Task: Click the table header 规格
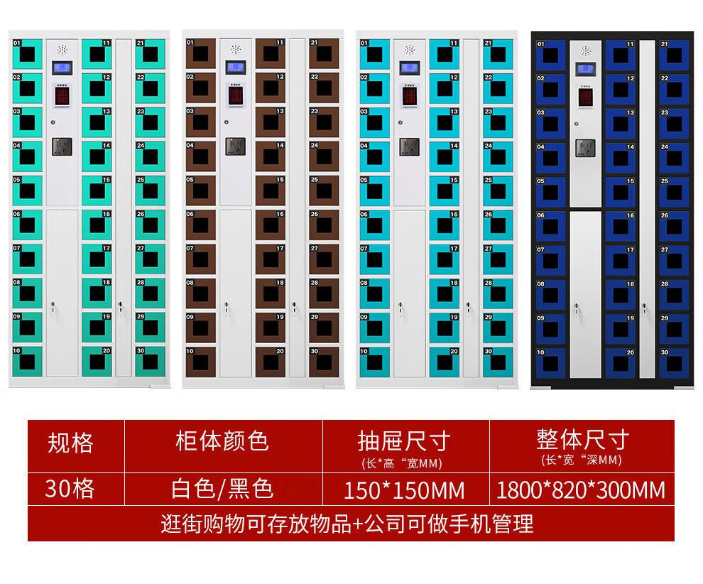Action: pos(70,443)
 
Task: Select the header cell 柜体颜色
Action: pos(222,441)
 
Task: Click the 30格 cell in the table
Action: pos(70,489)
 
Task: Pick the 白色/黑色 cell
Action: pos(222,489)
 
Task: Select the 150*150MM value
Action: pos(403,490)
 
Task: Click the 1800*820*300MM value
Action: pos(582,490)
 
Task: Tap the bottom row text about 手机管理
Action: pos(347,525)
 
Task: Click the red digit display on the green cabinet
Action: pos(62,97)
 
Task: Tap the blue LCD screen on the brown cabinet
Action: pos(236,67)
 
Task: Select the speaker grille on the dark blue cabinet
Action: pos(586,51)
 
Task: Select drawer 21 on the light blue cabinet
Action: pos(498,53)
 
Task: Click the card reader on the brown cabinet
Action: pos(236,146)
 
